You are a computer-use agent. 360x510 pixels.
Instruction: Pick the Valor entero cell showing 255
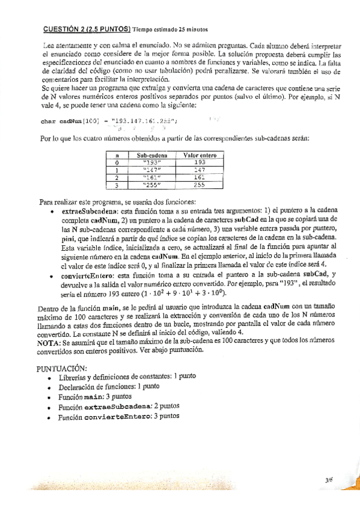pos(200,185)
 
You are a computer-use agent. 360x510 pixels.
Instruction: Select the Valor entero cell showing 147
pos(200,170)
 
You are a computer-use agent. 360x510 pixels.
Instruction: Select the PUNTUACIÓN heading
pos(61,367)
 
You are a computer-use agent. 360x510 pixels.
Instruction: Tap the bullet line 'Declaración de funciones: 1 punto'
pos(109,386)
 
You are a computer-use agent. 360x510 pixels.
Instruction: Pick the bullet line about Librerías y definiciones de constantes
pos(127,376)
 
